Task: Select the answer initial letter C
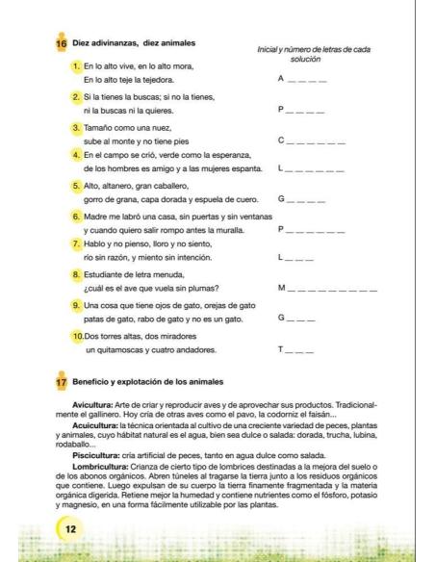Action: click(x=281, y=140)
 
